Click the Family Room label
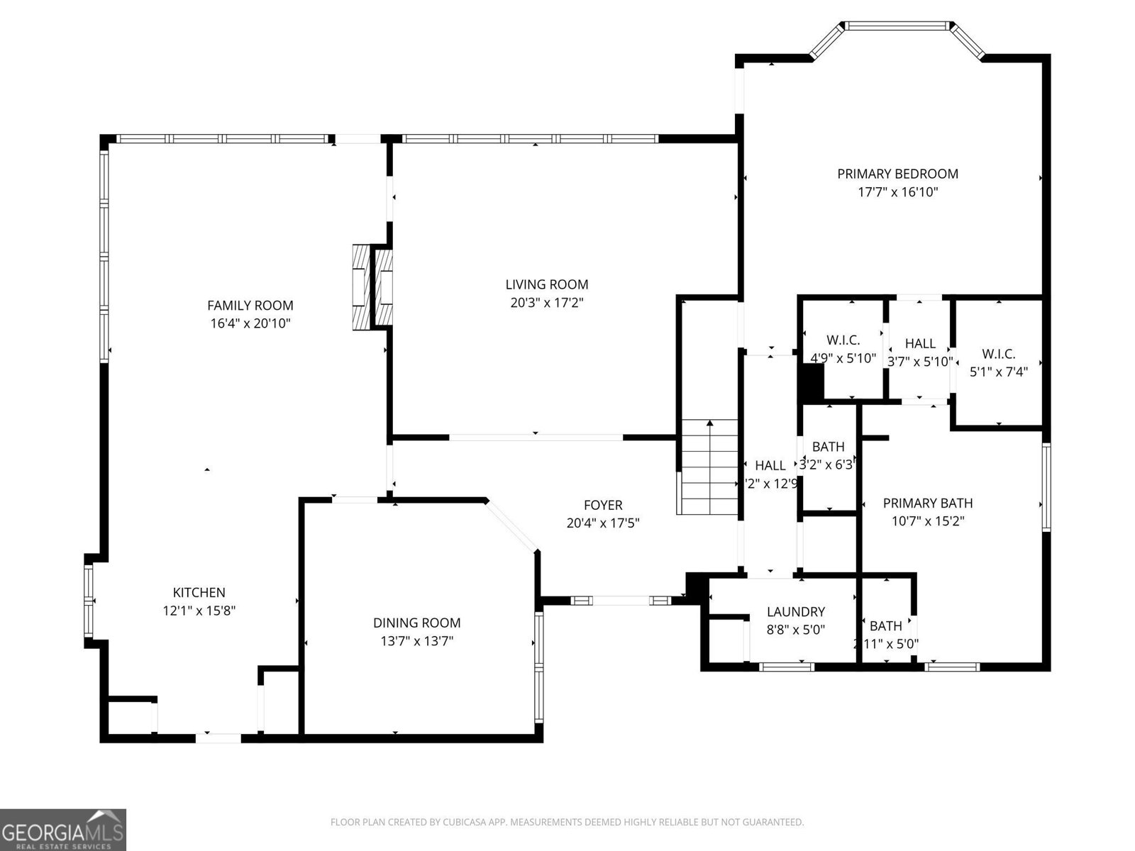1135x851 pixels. point(250,306)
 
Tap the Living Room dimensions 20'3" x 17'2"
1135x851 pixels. point(546,303)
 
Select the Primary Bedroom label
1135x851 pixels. point(897,174)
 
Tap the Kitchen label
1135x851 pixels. point(199,593)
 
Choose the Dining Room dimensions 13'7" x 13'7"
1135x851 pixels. point(416,641)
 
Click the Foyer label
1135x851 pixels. point(603,505)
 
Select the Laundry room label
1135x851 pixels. point(796,611)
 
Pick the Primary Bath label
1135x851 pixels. point(927,503)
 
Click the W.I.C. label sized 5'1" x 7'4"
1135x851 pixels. point(998,354)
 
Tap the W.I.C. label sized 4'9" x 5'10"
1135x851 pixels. point(843,340)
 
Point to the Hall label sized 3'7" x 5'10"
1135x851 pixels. point(920,343)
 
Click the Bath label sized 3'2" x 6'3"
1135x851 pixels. point(828,447)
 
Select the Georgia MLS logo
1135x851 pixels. point(63,830)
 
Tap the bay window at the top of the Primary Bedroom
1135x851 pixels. point(897,27)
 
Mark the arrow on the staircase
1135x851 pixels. point(709,424)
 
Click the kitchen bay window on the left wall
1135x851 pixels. point(89,601)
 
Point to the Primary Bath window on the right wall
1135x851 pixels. point(1046,486)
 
